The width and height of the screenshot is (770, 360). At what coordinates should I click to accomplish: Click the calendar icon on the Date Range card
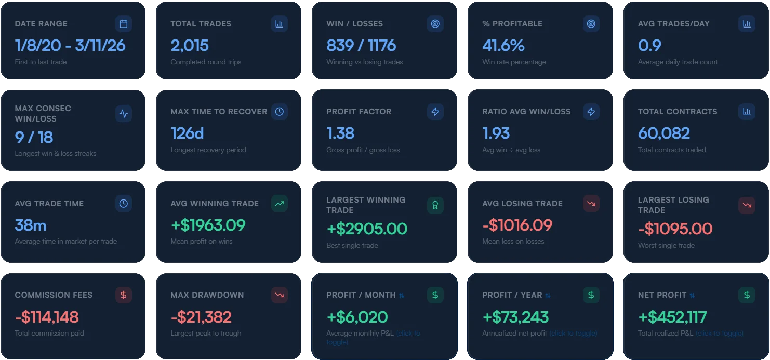tap(123, 24)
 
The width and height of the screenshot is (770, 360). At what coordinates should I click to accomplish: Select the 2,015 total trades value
tap(190, 46)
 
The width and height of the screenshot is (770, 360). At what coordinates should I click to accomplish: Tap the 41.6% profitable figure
tap(503, 46)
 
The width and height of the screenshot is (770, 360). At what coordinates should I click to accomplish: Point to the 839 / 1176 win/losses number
tap(361, 46)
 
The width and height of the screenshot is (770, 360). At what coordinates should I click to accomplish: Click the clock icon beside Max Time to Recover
tap(279, 112)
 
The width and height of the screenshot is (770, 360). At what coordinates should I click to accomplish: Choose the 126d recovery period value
tap(187, 134)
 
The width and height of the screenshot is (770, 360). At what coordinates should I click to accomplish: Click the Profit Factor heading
tap(359, 112)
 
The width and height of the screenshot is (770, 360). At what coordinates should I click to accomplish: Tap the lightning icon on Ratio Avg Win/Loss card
tap(591, 112)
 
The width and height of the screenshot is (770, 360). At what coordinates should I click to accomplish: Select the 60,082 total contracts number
tap(663, 134)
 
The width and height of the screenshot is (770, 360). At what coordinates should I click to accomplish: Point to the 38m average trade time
tap(31, 225)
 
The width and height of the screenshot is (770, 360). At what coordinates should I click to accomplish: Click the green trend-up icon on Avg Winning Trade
tap(279, 204)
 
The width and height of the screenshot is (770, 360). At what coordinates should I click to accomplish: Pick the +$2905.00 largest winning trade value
tap(366, 229)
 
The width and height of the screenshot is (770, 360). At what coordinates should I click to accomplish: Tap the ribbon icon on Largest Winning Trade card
tap(435, 205)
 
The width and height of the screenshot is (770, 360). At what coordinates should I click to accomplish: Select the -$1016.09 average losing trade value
tap(517, 225)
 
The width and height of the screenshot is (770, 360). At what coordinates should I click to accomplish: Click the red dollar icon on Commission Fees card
tap(123, 295)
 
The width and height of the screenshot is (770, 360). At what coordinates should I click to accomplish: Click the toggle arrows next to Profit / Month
tap(402, 296)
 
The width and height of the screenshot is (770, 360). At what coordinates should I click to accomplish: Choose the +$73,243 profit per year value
tap(515, 317)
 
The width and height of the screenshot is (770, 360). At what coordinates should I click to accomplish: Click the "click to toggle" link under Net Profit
tap(719, 334)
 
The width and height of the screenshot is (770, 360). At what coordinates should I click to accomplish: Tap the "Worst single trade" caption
tap(666, 246)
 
